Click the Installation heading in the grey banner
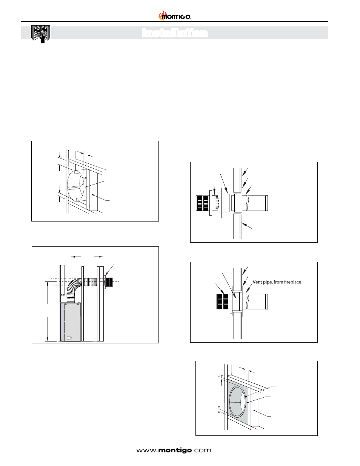point(175,33)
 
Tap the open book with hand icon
point(40,34)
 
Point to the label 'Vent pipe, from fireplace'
point(277,282)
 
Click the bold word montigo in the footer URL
point(175,451)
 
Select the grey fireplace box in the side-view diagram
point(70,322)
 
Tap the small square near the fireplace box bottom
point(69,338)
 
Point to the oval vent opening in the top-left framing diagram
point(75,185)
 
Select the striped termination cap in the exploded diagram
point(203,203)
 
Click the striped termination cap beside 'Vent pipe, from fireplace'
point(223,301)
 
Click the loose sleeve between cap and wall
point(225,203)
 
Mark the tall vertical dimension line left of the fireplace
point(48,311)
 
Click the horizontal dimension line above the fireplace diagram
point(88,257)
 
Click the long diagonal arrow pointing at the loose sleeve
point(224,183)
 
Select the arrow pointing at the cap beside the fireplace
point(109,270)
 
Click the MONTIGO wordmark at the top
point(177,17)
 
